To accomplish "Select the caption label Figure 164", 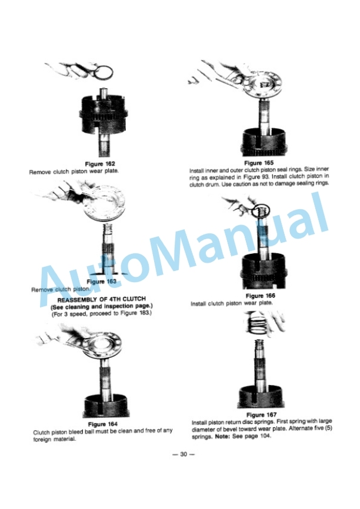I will pos(102,424).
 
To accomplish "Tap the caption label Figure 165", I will pos(259,162).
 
